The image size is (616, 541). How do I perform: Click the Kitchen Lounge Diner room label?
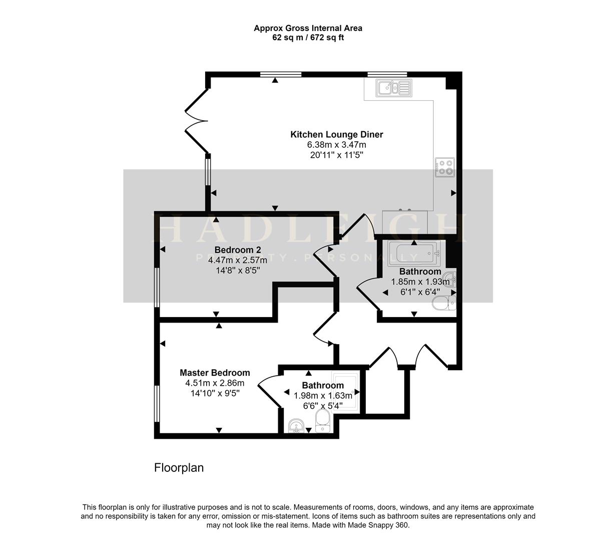click(x=337, y=134)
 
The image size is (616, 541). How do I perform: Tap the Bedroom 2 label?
click(x=238, y=250)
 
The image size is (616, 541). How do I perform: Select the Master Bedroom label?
click(x=215, y=373)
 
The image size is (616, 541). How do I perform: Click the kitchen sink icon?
click(x=394, y=88)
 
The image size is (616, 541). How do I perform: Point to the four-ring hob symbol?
click(x=445, y=167)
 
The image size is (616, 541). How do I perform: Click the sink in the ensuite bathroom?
click(x=297, y=426)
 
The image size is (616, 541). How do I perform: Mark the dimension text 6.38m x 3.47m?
click(x=337, y=145)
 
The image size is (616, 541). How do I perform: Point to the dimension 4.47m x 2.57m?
click(x=238, y=260)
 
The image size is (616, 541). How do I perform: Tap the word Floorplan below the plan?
click(x=179, y=468)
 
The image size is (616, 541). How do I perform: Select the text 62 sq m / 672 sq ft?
click(x=308, y=38)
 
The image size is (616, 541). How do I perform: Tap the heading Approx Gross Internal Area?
click(x=308, y=28)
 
